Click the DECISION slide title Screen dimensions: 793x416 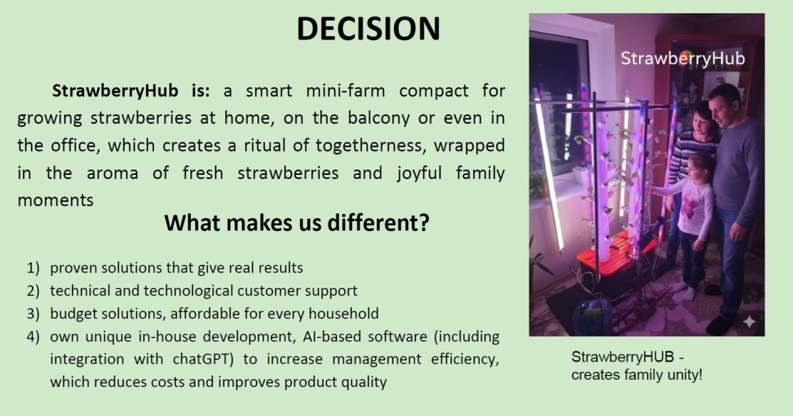368,28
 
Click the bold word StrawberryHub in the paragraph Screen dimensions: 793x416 115,90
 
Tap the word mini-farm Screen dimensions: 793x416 345,90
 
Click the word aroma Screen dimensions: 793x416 112,173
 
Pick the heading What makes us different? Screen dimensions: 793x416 297,223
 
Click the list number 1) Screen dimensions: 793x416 33,268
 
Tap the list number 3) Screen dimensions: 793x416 33,314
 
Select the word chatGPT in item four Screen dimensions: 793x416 204,359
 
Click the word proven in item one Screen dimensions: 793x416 73,268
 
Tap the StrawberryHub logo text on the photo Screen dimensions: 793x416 683,58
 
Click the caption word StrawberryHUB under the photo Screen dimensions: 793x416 623,357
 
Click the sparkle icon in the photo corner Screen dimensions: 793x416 749,322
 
